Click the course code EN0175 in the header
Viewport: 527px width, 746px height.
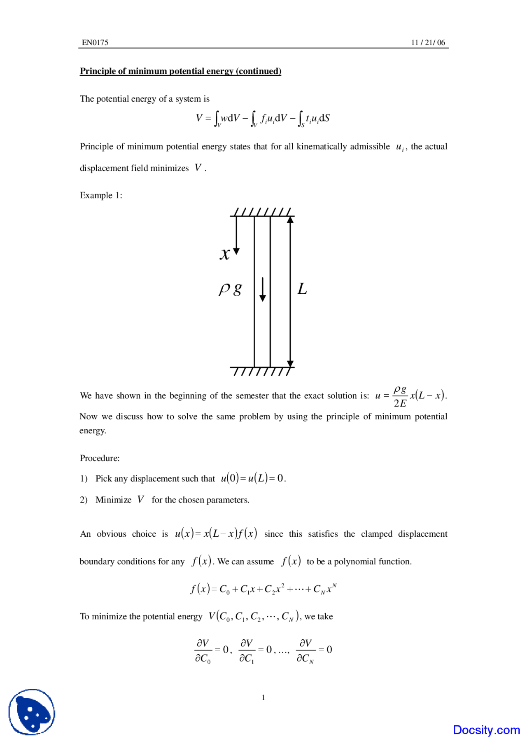[x=95, y=42]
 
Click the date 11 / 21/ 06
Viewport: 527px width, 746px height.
[x=428, y=42]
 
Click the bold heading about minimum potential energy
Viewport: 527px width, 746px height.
[x=180, y=71]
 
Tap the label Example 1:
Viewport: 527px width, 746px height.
[x=101, y=195]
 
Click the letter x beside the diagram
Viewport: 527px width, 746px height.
[x=225, y=254]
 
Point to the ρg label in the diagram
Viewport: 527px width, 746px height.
[x=230, y=289]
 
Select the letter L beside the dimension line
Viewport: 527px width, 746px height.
[x=302, y=289]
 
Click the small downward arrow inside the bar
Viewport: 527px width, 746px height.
[x=262, y=290]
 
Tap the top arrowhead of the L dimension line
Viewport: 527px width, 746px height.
[x=290, y=220]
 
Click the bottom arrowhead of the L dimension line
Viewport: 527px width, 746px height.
[x=290, y=363]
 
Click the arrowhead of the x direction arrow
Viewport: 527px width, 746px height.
[x=236, y=251]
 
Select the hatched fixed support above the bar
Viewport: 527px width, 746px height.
[x=262, y=212]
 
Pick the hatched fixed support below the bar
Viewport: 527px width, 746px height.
[x=262, y=371]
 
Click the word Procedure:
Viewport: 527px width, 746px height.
[x=100, y=458]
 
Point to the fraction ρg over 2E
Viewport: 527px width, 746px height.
[x=400, y=396]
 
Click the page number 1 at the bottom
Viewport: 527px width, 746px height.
[x=263, y=697]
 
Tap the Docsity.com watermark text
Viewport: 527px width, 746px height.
[x=486, y=730]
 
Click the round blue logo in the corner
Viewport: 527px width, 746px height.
[x=32, y=712]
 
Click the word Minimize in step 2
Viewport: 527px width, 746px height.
[x=113, y=500]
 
